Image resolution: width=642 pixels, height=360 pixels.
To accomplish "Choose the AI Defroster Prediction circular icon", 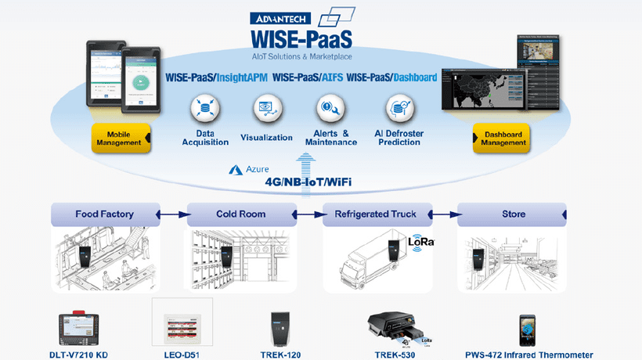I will [399, 108].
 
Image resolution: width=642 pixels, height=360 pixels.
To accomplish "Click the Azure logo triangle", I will [234, 169].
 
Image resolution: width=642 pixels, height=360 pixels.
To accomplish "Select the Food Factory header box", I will [104, 214].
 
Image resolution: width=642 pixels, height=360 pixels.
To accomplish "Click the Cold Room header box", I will [240, 214].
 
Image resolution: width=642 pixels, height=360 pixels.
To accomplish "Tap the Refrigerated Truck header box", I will [377, 214].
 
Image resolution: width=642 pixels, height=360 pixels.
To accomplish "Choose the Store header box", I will [513, 214].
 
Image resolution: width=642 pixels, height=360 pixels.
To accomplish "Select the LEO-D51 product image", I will [182, 323].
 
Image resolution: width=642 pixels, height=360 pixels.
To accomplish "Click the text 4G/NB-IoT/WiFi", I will [308, 182].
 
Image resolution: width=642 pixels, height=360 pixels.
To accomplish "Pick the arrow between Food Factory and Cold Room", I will [172, 214].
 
